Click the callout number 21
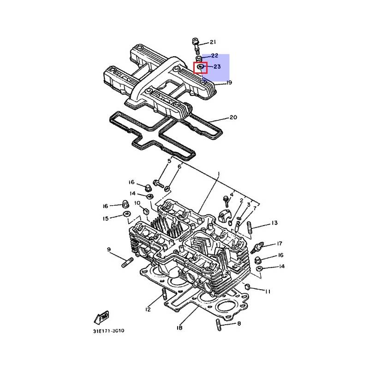(213, 42)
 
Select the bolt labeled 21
(196, 46)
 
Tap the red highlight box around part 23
(200, 67)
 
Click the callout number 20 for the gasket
(233, 117)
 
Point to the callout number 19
(229, 83)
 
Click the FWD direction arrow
(101, 317)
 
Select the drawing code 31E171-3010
(108, 331)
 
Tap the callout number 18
(179, 327)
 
